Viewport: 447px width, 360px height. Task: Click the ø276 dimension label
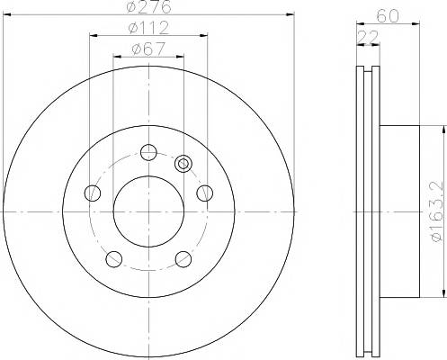click(149, 6)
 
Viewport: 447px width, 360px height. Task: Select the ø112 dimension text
click(148, 28)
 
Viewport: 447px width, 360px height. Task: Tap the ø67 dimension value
click(148, 49)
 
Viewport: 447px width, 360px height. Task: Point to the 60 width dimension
click(388, 15)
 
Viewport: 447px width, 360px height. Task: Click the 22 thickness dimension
click(369, 37)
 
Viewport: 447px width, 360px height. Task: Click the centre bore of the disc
click(148, 211)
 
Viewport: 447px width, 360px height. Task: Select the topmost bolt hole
click(148, 152)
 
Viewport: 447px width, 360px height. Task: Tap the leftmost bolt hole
click(93, 193)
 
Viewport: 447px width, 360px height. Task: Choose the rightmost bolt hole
click(205, 193)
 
